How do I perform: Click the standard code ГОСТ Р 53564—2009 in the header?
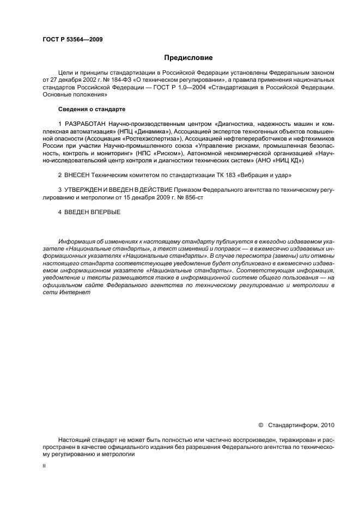pyautogui.click(x=72, y=40)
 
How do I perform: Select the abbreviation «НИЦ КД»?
pyautogui.click(x=286, y=161)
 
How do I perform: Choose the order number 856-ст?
pyautogui.click(x=194, y=196)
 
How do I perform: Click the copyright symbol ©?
pyautogui.click(x=260, y=424)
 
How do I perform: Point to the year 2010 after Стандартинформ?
pyautogui.click(x=328, y=424)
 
